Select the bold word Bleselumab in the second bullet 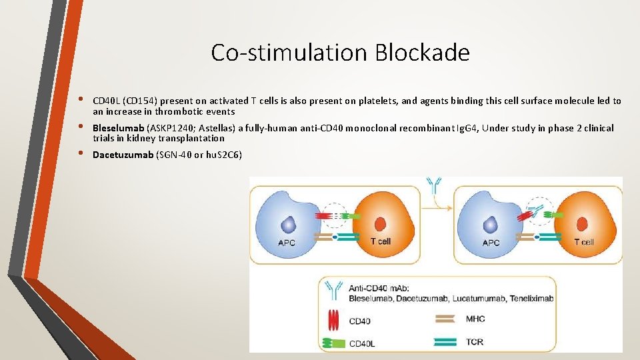118,128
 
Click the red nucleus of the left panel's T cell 381,225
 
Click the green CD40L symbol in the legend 331,343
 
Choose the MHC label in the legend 475,319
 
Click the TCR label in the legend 475,341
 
